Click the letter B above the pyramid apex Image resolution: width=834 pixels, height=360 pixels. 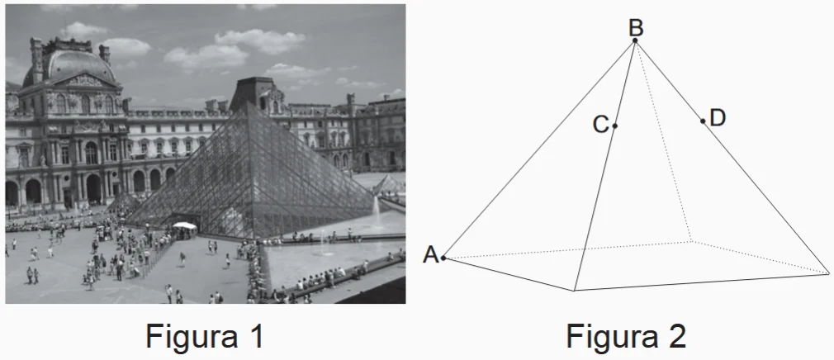(x=635, y=27)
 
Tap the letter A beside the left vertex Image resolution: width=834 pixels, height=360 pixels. (x=430, y=255)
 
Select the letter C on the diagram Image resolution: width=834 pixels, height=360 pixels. (x=600, y=126)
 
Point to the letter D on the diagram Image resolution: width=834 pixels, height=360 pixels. (x=717, y=118)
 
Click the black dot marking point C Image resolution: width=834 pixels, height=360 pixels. (x=615, y=126)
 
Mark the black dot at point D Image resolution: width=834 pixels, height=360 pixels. (x=703, y=121)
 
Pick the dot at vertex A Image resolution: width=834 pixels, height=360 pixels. (x=443, y=258)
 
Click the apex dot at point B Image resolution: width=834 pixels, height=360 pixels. (x=635, y=40)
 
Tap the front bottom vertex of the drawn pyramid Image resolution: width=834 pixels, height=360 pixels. (x=575, y=291)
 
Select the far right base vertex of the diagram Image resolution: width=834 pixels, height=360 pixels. (x=827, y=272)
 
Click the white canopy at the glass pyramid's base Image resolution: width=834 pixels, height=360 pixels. (x=185, y=225)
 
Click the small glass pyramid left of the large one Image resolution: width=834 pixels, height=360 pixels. (x=124, y=201)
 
